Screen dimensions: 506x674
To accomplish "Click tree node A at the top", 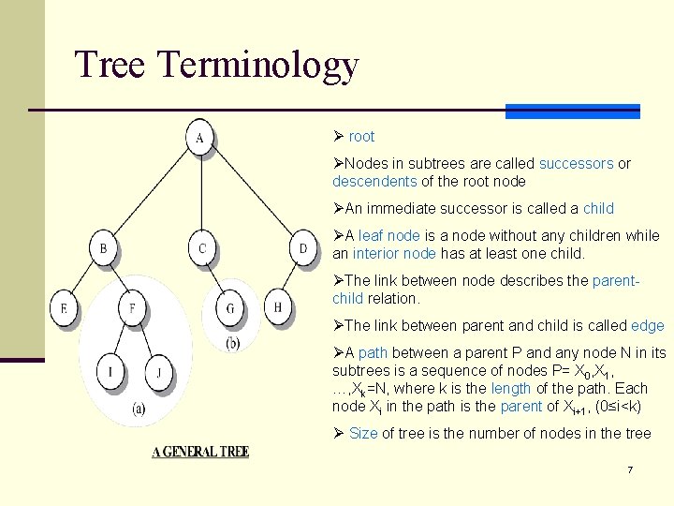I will (x=199, y=139).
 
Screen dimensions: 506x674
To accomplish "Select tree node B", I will (x=104, y=249).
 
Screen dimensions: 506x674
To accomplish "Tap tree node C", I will (x=202, y=249).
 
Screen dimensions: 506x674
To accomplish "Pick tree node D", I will (x=301, y=249).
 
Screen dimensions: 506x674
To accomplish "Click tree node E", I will (x=65, y=307).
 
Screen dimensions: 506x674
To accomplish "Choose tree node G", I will (x=230, y=307).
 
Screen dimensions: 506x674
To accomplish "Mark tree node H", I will (x=278, y=307).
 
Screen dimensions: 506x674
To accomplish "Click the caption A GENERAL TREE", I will (x=200, y=453).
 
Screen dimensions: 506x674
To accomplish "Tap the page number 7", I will (x=630, y=469).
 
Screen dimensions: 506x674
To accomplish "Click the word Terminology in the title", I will (x=258, y=66).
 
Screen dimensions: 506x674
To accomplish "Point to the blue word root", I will (x=361, y=137).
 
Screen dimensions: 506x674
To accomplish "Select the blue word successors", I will (x=576, y=164).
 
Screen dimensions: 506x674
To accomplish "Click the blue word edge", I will (x=648, y=326).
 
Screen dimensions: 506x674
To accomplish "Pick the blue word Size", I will (x=364, y=433).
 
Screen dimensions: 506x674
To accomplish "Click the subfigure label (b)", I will (x=232, y=343).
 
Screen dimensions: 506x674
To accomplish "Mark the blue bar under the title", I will (x=572, y=112).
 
